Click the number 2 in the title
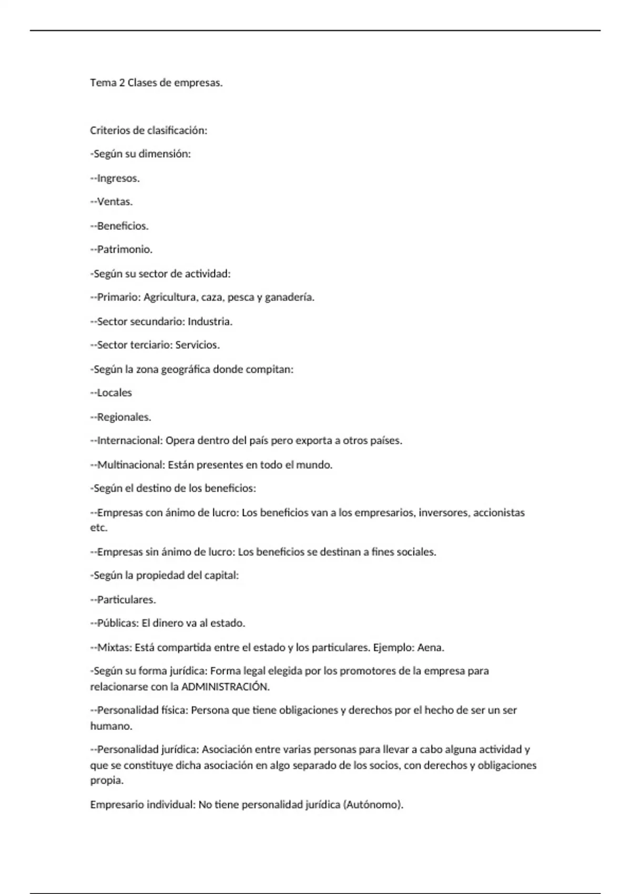122,83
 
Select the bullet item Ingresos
118,178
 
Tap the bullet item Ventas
115,202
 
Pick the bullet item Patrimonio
125,250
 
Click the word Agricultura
170,298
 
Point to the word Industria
210,321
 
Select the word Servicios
197,346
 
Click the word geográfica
185,369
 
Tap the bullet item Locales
114,393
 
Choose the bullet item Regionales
124,417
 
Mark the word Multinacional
130,465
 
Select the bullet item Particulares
126,600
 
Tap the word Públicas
117,624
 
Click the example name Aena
430,648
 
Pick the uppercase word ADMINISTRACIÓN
225,687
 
